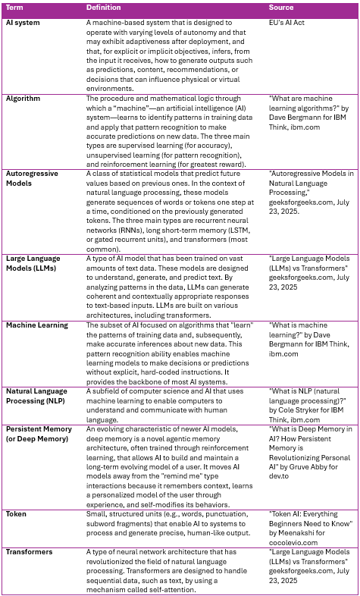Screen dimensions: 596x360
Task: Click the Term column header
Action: click(14, 7)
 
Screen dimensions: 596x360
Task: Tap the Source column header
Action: click(281, 7)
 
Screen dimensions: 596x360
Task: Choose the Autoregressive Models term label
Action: click(35, 178)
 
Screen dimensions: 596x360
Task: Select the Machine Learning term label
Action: click(37, 325)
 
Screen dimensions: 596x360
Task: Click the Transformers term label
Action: click(31, 552)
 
